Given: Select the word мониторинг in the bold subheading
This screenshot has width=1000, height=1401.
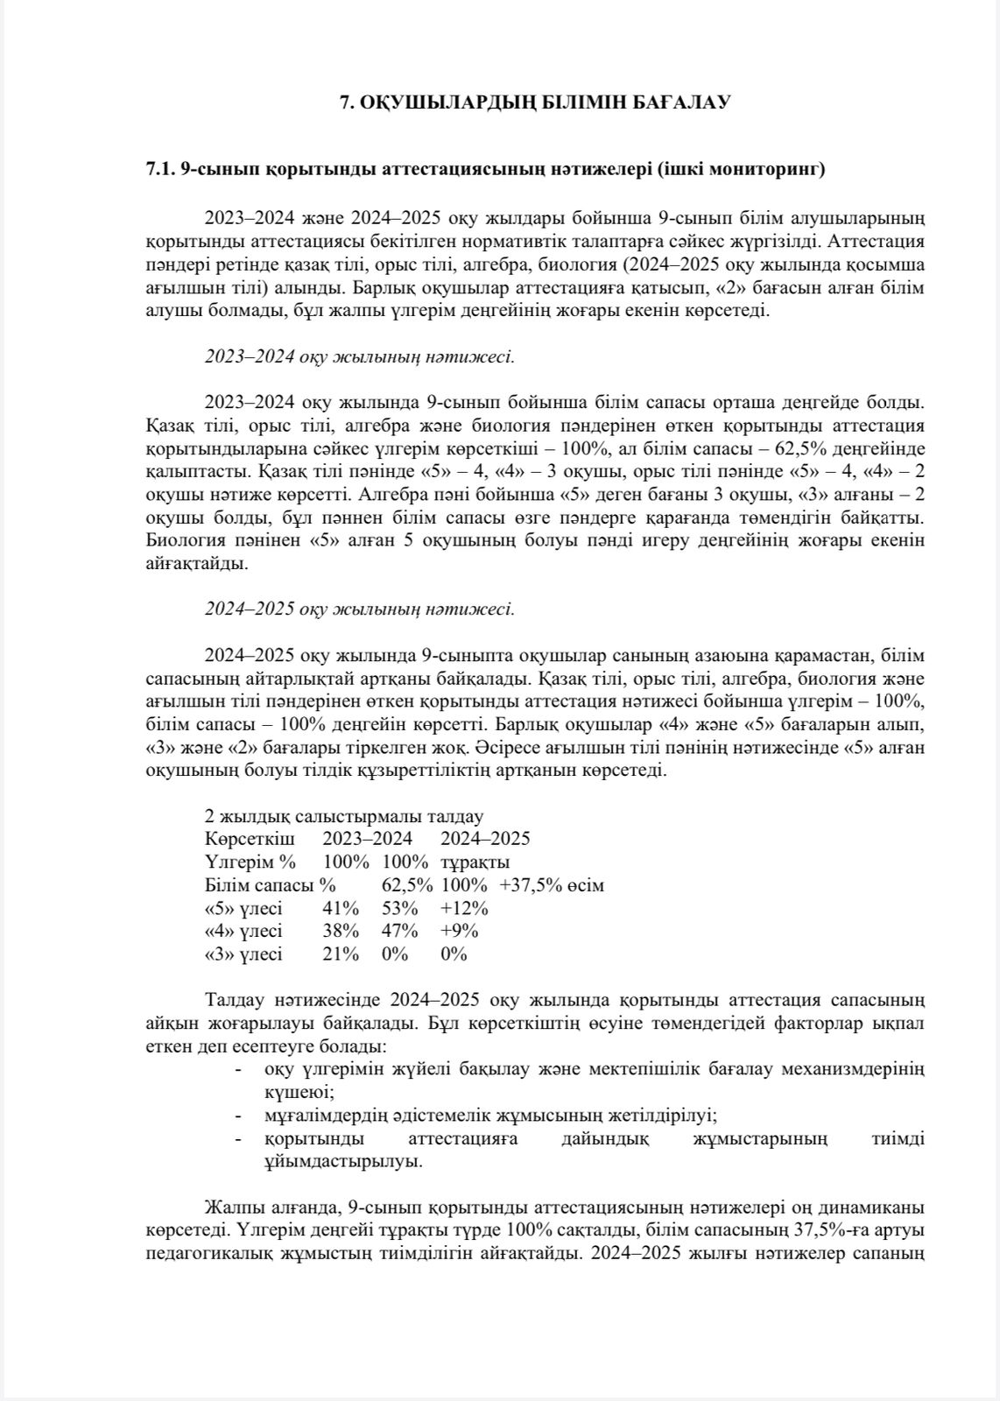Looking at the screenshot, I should (x=772, y=170).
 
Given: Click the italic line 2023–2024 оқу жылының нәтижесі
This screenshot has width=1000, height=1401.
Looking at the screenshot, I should (x=359, y=356).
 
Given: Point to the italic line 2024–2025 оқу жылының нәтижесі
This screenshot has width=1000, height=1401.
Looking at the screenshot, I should (x=359, y=609).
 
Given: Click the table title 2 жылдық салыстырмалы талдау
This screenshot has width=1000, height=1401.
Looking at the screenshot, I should (x=343, y=816).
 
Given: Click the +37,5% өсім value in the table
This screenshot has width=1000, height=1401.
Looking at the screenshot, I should (x=552, y=885).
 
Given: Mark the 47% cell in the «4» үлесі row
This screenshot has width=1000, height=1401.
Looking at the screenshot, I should (x=399, y=931).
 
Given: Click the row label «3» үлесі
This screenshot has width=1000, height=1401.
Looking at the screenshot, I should (x=243, y=954).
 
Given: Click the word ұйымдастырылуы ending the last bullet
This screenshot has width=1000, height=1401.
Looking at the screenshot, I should (x=337, y=1162).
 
